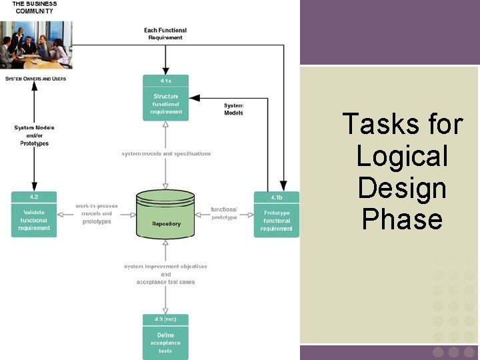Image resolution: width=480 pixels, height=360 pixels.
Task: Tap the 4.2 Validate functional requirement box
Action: coord(34,214)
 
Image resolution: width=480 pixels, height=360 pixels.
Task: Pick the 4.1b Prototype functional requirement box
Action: coord(276,214)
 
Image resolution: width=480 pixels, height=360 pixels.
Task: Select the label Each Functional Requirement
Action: coord(165,34)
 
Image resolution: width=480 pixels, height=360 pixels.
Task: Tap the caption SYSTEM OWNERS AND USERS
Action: coord(35,79)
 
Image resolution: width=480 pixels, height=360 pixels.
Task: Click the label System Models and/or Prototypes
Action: coord(34,135)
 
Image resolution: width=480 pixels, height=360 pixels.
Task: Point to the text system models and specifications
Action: coord(166,153)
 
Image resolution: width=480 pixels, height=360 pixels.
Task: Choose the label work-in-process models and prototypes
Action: coord(97,214)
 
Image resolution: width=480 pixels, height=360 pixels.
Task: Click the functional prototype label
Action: coord(224,213)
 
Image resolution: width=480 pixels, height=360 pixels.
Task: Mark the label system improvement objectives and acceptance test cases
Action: coord(165,274)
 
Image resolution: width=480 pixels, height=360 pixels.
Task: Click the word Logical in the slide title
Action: coord(402,156)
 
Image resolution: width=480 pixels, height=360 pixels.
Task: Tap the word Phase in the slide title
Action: coord(402,219)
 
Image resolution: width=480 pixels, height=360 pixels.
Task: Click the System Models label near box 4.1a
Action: coord(233,109)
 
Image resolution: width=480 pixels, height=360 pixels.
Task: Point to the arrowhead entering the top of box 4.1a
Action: coord(165,71)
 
